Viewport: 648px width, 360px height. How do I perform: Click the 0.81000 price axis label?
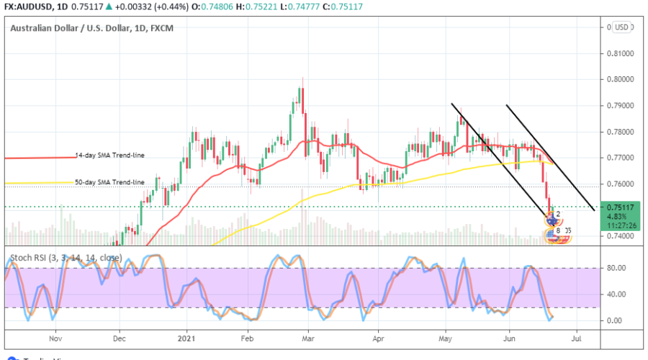[620, 54]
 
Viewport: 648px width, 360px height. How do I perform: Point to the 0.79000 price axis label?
[620, 106]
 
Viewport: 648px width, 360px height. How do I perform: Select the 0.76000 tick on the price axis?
[620, 184]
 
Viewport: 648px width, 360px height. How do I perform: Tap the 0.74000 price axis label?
[620, 236]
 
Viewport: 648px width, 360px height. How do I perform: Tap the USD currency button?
[620, 27]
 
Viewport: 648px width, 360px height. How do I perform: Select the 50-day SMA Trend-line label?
[109, 182]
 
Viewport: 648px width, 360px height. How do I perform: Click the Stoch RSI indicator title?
[65, 256]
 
